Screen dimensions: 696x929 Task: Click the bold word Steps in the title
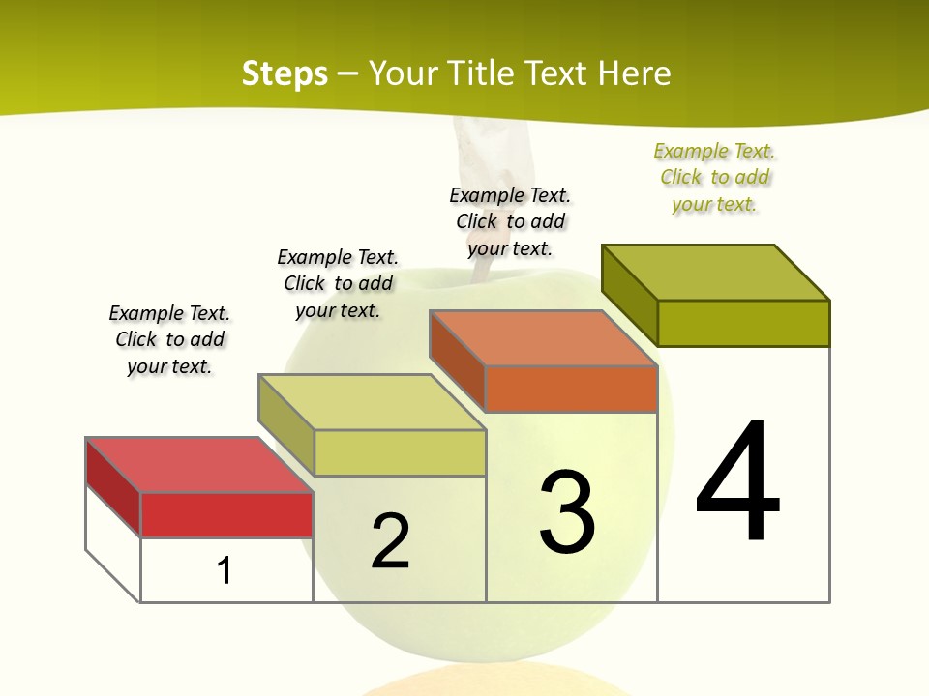click(x=285, y=73)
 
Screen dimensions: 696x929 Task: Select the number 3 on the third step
click(x=567, y=512)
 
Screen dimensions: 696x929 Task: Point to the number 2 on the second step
click(x=390, y=541)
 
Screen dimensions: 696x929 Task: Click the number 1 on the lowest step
click(x=225, y=570)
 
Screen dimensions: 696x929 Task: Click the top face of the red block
click(x=198, y=465)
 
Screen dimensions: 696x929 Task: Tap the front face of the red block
click(x=226, y=514)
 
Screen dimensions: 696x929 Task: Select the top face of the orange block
click(x=542, y=338)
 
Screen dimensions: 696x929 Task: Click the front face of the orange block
click(x=571, y=390)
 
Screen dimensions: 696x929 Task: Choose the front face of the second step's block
click(x=400, y=452)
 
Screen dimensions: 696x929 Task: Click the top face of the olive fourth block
click(x=715, y=272)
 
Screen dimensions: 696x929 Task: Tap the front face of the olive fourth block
click(x=743, y=323)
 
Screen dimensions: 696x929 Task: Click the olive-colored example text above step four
click(x=714, y=178)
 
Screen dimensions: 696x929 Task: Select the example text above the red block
click(x=169, y=340)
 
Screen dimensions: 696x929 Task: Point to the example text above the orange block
click(x=510, y=222)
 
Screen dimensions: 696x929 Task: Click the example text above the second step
click(x=338, y=284)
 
